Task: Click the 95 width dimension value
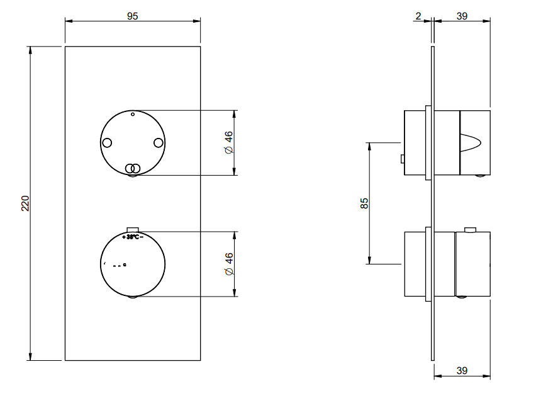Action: pyautogui.click(x=132, y=16)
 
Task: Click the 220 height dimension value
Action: pyautogui.click(x=26, y=203)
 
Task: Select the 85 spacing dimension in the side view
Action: pyautogui.click(x=364, y=203)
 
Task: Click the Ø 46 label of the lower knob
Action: pyautogui.click(x=229, y=264)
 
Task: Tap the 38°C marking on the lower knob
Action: pyautogui.click(x=132, y=237)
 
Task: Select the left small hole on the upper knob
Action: pyautogui.click(x=108, y=142)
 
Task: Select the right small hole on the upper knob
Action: pyautogui.click(x=159, y=142)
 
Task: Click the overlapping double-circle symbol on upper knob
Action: pyautogui.click(x=132, y=168)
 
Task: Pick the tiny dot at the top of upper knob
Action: pyautogui.click(x=133, y=115)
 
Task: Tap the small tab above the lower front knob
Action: pyautogui.click(x=133, y=230)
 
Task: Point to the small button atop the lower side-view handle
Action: pyautogui.click(x=470, y=229)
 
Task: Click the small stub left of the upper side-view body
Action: pyautogui.click(x=402, y=159)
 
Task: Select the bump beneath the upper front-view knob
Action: pyautogui.click(x=133, y=177)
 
